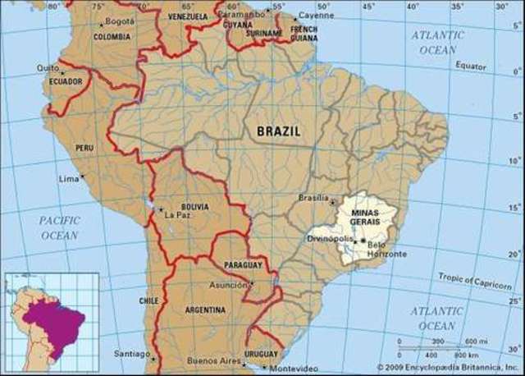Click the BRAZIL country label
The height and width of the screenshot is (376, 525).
click(278, 131)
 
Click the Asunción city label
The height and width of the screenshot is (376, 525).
click(229, 285)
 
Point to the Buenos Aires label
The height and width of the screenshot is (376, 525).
click(212, 360)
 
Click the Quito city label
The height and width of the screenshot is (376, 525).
click(48, 69)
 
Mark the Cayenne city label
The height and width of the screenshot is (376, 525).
click(316, 15)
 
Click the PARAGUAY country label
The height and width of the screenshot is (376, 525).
click(243, 265)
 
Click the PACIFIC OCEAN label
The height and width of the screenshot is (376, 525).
click(59, 227)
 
